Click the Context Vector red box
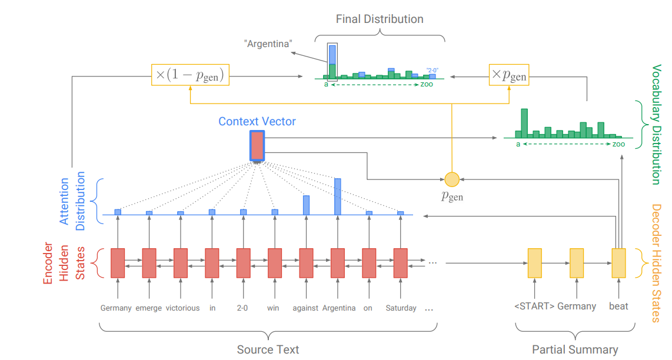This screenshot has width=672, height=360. [x=257, y=146]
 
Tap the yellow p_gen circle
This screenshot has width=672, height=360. [x=452, y=179]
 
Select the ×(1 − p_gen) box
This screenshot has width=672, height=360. [x=190, y=75]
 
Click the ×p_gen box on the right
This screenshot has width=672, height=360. [x=509, y=75]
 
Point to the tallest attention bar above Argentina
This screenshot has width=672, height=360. [x=338, y=196]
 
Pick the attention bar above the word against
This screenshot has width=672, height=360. [x=306, y=205]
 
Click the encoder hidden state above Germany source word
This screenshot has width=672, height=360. [x=118, y=263]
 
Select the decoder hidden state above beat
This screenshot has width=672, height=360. [x=618, y=263]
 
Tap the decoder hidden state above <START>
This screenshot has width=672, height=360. [x=534, y=263]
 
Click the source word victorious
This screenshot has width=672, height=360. [x=182, y=308]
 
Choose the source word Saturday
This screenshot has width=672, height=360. [x=401, y=308]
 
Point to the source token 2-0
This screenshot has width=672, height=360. [x=242, y=308]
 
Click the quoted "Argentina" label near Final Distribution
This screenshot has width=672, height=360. [x=268, y=44]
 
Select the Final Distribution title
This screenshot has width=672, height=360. [x=380, y=19]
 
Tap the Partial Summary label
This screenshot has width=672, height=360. [x=575, y=350]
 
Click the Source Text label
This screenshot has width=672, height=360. [x=268, y=350]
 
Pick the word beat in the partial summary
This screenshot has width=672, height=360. [x=618, y=306]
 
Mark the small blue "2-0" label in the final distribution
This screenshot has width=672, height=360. [x=433, y=70]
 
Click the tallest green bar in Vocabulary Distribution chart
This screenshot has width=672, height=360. [x=524, y=123]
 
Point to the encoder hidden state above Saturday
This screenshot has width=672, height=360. [x=401, y=263]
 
